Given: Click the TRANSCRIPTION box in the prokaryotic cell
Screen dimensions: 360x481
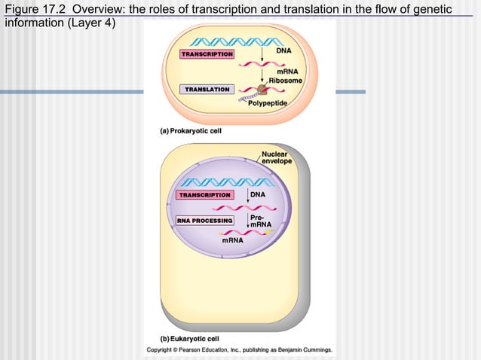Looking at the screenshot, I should (x=207, y=54).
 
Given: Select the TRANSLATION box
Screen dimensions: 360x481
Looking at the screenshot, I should (x=207, y=90).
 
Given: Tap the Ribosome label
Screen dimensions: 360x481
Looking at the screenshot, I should (x=285, y=80).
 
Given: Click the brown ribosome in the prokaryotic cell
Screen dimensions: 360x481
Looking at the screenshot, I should (x=262, y=89).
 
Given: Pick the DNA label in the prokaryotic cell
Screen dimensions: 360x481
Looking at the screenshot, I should (x=283, y=50).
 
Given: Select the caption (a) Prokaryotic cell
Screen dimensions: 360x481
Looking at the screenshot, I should (x=186, y=130).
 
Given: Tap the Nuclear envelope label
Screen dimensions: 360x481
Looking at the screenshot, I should (x=277, y=157).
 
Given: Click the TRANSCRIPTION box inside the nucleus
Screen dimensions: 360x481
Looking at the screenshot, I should (x=204, y=195).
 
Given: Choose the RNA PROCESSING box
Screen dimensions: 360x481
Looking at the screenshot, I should (x=204, y=221).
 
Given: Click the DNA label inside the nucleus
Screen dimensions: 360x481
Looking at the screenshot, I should (x=258, y=194).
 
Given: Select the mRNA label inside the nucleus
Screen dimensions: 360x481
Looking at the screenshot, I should (x=232, y=240).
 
